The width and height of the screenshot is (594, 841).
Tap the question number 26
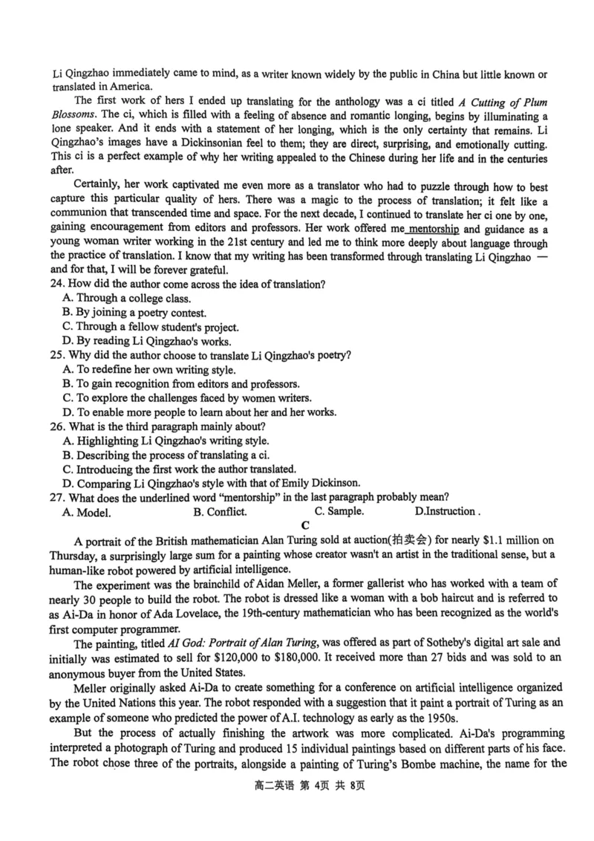click(x=59, y=426)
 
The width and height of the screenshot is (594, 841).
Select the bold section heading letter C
click(x=305, y=525)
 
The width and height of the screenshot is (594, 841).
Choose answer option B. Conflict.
click(x=220, y=511)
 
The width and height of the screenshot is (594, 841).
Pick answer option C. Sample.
click(x=339, y=511)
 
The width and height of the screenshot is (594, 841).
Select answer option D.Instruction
click(x=446, y=511)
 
